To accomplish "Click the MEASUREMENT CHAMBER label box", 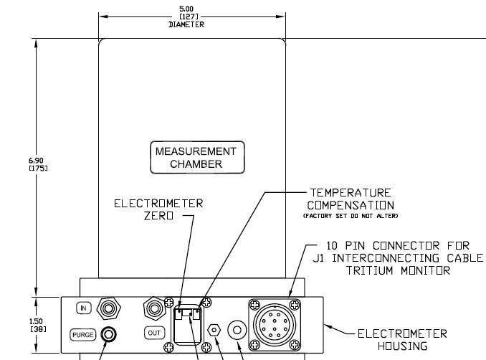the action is point(197,157).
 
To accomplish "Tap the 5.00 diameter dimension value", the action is point(186,9).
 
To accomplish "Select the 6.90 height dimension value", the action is point(36,161).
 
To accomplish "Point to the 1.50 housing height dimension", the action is point(36,321).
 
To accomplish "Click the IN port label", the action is point(83,308).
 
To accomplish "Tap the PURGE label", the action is point(82,335).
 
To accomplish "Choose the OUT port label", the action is point(154,333).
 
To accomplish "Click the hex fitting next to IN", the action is point(108,308).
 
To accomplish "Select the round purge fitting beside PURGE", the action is point(109,334).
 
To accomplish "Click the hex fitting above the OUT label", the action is point(154,308).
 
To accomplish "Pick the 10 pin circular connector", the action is point(275,325).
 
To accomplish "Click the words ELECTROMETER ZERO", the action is point(158,209).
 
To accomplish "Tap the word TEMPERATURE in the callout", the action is point(351,193).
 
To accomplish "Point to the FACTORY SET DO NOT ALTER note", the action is point(351,216).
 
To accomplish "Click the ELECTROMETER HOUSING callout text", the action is point(402,340).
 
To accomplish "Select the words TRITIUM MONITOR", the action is point(398,270).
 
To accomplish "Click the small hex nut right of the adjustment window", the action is point(214,330).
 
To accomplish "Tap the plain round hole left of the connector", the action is point(237,330).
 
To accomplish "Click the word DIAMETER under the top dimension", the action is point(186,24).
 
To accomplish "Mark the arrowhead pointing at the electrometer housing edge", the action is point(328,326).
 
